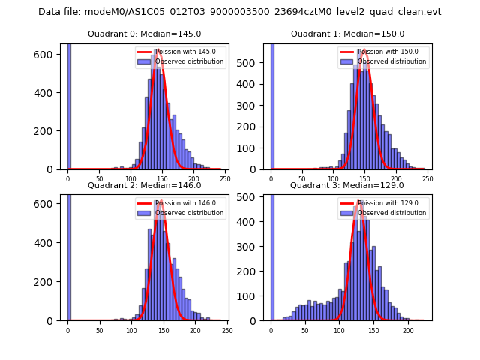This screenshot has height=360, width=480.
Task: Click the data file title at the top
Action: tap(240, 12)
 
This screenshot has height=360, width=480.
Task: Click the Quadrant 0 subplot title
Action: tap(144, 34)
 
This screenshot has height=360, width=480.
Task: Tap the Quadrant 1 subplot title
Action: tap(347, 34)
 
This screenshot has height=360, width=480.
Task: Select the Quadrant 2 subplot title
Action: tap(144, 185)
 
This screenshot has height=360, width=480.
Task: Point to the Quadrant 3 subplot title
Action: tap(347, 185)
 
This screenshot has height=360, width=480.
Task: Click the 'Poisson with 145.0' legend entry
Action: tap(183, 52)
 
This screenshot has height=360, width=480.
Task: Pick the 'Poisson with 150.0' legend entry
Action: tap(386, 52)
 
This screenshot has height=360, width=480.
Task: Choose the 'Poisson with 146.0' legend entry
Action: tap(183, 203)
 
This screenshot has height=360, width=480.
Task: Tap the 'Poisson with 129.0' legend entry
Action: tap(386, 203)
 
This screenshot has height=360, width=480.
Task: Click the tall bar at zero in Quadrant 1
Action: tap(271, 105)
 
